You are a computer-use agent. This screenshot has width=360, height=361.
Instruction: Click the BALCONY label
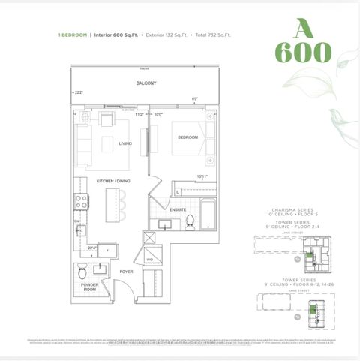tap(146, 83)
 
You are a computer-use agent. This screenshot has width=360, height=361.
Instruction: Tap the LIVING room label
tap(125, 143)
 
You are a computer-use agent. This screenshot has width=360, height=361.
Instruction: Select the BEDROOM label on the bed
tap(187, 137)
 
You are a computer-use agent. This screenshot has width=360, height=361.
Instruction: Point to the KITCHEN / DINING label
tap(113, 181)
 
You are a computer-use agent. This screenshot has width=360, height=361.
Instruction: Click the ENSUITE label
tap(178, 210)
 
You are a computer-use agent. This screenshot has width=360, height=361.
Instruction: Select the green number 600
tap(303, 53)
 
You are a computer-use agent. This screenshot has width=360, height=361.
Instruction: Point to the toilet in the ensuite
tap(190, 221)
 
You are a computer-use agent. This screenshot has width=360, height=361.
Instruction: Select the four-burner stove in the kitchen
tap(81, 200)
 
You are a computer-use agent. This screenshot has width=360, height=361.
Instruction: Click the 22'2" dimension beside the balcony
tap(79, 92)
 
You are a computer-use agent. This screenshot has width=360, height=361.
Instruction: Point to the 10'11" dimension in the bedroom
tap(202, 177)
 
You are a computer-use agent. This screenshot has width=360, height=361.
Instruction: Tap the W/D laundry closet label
tap(150, 259)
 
